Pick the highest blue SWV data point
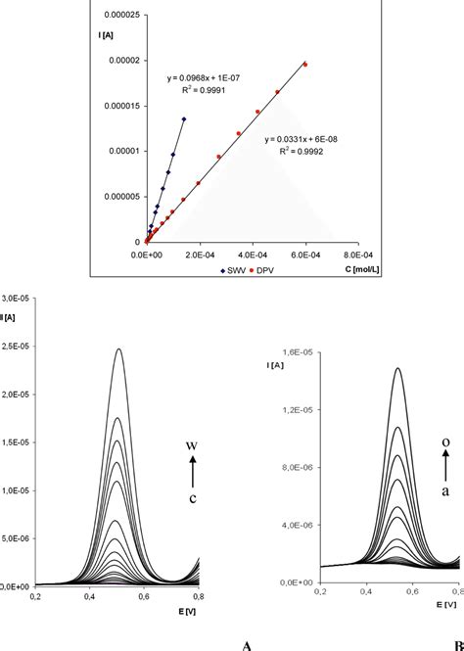pos(184,119)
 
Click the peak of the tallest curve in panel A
pos(119,349)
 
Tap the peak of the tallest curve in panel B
pos(398,368)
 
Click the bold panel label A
pos(248,644)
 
